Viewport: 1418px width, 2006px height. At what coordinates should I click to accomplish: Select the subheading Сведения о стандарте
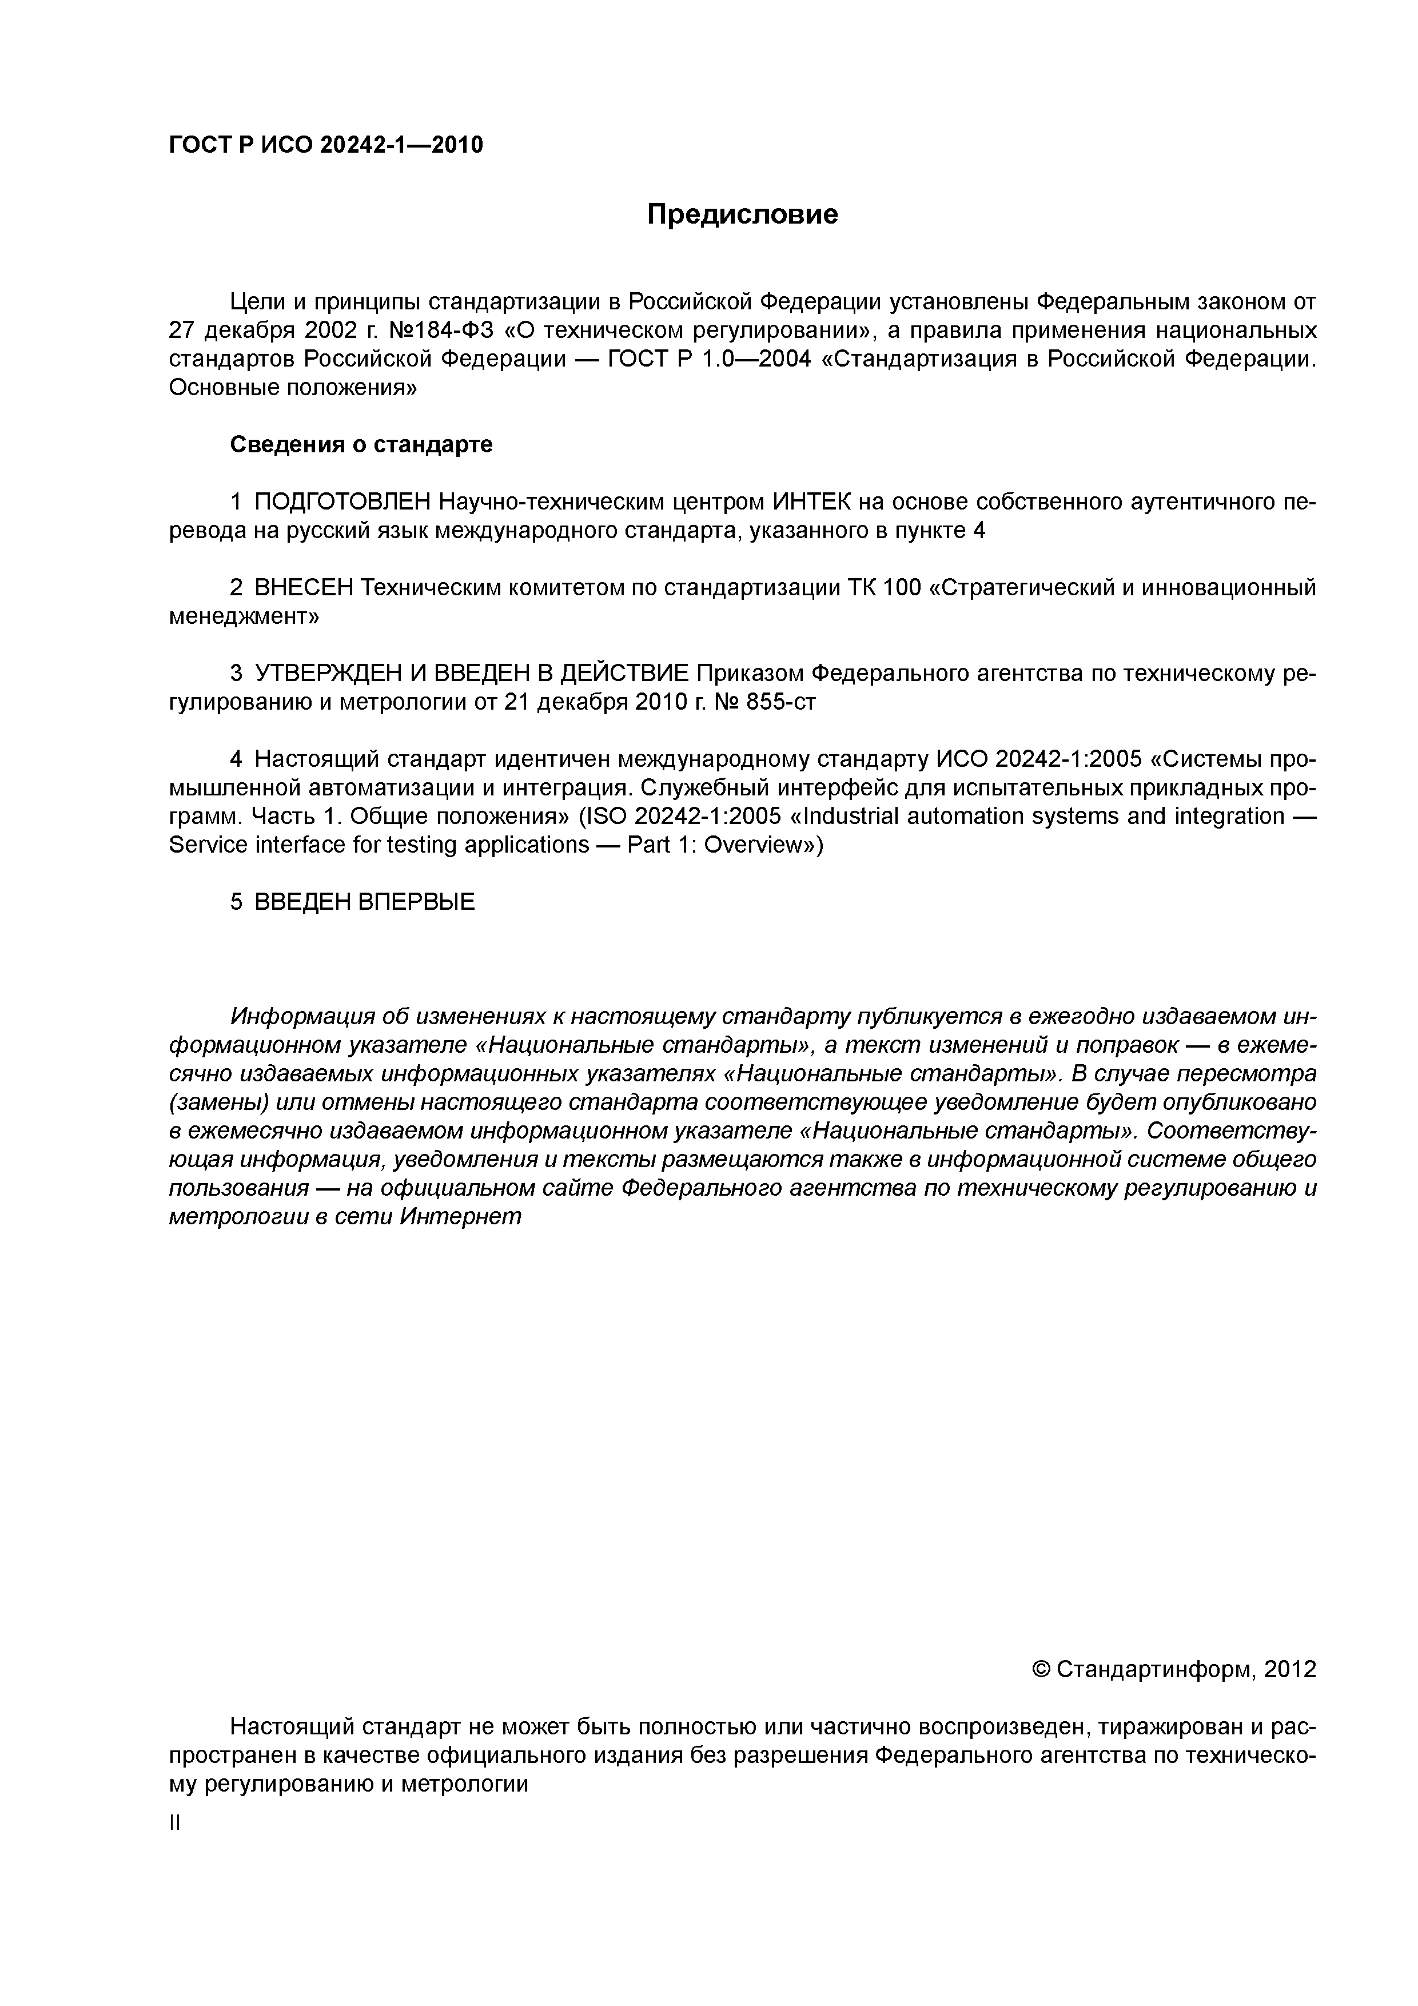[x=361, y=445]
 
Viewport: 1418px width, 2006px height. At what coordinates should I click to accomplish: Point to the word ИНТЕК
[x=812, y=503]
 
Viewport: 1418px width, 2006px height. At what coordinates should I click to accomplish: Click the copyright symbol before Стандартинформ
[x=1041, y=1670]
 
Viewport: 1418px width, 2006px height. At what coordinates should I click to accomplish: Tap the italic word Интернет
[x=460, y=1216]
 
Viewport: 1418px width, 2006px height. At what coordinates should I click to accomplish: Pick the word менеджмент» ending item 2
[x=244, y=617]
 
